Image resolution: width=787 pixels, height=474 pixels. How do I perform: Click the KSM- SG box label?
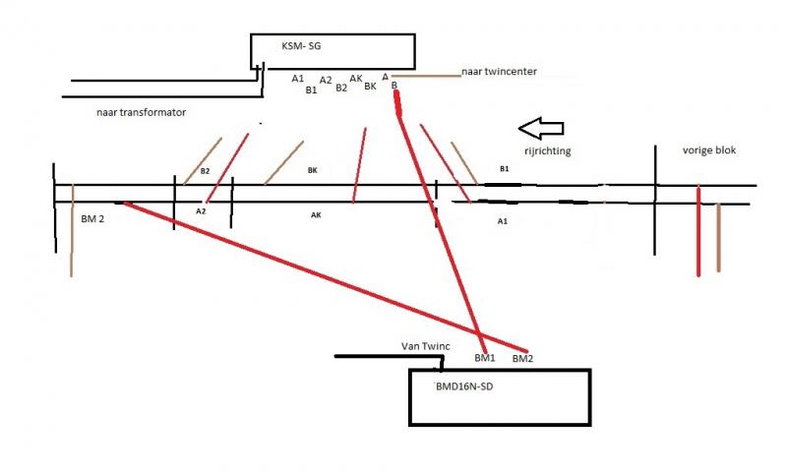tap(301, 46)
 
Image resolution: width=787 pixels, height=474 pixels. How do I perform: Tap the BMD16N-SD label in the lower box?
tap(464, 386)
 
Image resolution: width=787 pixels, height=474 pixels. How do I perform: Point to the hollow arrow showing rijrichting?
tap(541, 128)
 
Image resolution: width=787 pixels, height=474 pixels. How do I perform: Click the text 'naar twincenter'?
tap(499, 72)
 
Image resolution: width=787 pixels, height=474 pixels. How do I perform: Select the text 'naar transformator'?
tap(141, 112)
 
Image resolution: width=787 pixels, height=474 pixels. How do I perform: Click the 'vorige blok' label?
tap(708, 150)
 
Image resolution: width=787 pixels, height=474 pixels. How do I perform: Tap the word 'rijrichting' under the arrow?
tap(548, 151)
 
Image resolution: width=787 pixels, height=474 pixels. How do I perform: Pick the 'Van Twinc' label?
tap(426, 346)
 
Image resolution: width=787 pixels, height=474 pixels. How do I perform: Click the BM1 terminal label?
tap(485, 358)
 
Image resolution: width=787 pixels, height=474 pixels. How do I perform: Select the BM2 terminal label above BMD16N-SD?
tap(522, 359)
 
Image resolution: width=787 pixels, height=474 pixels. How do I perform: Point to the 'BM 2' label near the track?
tap(92, 219)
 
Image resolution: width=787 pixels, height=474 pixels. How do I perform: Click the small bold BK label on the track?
tap(312, 170)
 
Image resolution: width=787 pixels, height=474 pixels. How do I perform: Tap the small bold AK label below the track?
tap(316, 215)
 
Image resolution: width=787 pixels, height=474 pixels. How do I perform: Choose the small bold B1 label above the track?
tap(505, 169)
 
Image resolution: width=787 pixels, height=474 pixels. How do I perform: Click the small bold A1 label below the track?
tap(503, 221)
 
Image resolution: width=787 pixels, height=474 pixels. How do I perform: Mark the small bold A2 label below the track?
tap(201, 211)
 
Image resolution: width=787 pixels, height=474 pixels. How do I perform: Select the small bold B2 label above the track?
tap(205, 171)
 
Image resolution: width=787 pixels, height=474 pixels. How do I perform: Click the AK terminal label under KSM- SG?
tap(356, 79)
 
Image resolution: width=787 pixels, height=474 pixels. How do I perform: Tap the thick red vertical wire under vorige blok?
tap(698, 231)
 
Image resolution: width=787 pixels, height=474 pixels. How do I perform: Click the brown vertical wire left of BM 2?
tap(72, 230)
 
